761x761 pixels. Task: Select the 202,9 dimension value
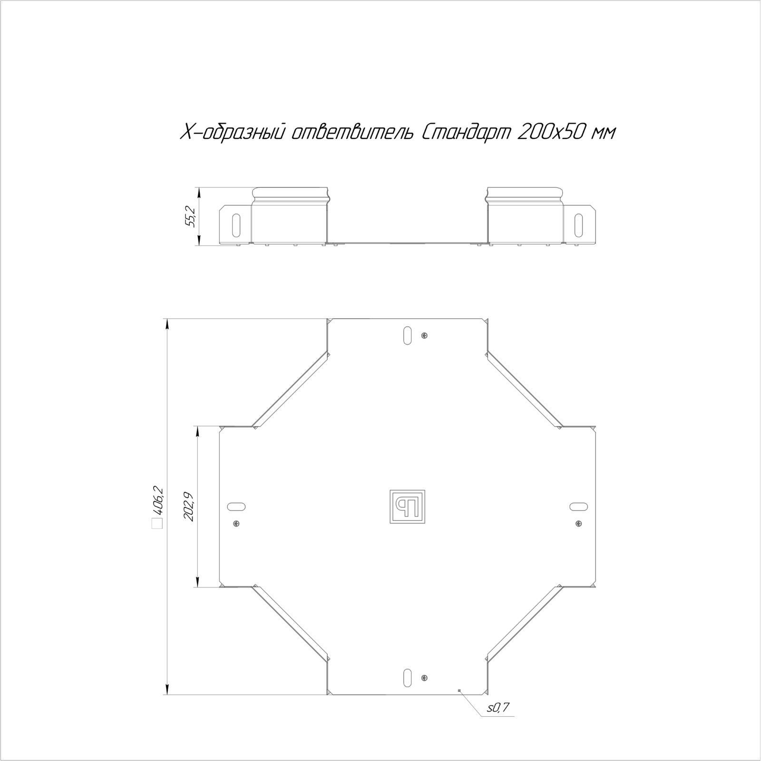189,506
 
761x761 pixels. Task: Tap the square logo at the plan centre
407,507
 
